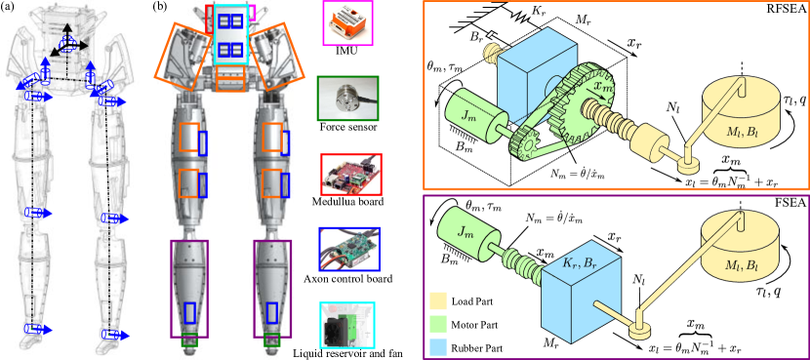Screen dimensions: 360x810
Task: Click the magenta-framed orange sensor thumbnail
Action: (348, 26)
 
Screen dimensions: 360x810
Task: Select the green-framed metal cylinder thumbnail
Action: (348, 100)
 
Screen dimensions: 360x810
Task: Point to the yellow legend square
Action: (438, 301)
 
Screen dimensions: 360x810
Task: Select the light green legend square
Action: (438, 323)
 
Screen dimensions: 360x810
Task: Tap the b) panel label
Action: (162, 8)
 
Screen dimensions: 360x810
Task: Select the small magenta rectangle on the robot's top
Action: (251, 13)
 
